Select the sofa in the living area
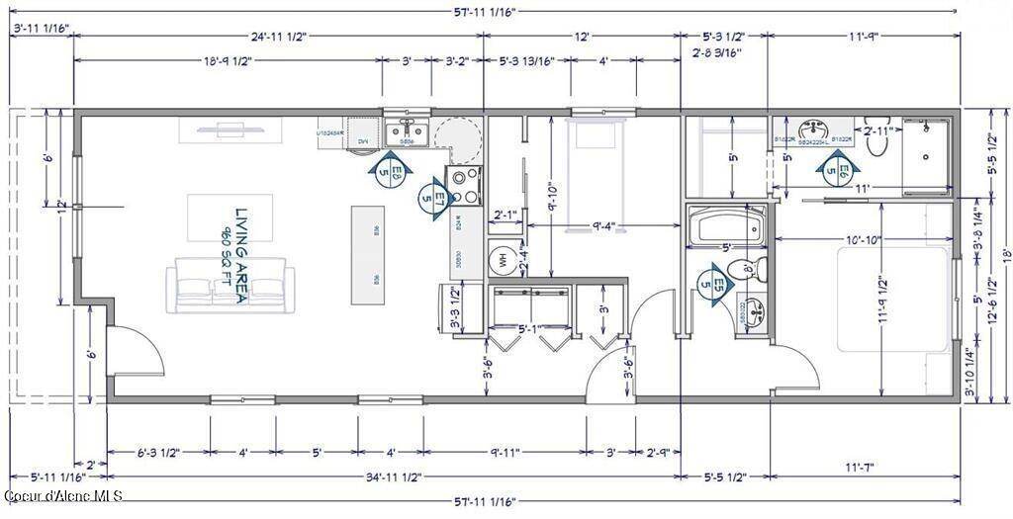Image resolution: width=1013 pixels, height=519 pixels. [x=230, y=286]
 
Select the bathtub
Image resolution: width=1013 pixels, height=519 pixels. [x=727, y=227]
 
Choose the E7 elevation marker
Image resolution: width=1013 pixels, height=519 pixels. [x=431, y=197]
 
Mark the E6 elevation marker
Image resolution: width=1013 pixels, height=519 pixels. [x=839, y=169]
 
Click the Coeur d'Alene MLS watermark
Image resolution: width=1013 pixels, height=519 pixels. [x=63, y=494]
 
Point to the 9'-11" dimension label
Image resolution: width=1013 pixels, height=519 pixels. [x=505, y=453]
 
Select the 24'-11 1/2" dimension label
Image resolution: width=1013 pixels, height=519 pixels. [x=278, y=37]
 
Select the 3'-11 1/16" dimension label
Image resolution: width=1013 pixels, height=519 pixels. [x=40, y=30]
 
